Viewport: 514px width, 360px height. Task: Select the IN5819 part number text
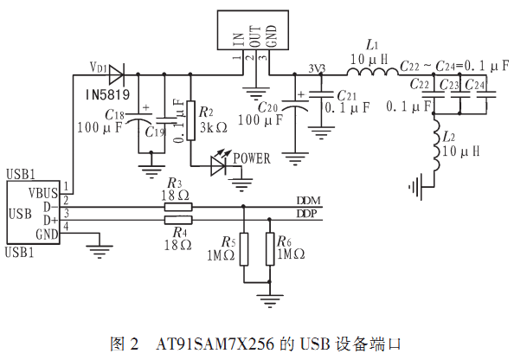(x=108, y=95)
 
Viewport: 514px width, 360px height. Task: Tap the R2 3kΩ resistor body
(x=190, y=120)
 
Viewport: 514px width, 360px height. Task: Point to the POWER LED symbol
(x=219, y=163)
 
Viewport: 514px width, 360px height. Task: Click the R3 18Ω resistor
(x=178, y=207)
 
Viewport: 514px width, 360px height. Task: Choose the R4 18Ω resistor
(x=178, y=220)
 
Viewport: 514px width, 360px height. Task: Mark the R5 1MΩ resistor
(x=243, y=249)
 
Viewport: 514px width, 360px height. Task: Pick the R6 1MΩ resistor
(x=270, y=249)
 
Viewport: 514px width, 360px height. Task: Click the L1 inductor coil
(x=373, y=72)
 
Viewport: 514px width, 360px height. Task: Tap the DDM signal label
(x=308, y=200)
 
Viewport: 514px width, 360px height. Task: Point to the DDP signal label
(x=307, y=214)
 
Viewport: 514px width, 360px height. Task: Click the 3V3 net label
(x=317, y=68)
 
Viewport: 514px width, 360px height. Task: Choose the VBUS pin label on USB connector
(x=43, y=193)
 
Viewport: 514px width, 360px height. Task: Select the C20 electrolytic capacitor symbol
(x=295, y=105)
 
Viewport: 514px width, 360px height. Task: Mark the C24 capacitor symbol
(x=486, y=94)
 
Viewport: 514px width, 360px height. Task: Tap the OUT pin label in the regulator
(x=255, y=36)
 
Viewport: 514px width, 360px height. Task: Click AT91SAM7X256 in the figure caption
(x=215, y=344)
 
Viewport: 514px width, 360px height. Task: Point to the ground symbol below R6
(x=269, y=300)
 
